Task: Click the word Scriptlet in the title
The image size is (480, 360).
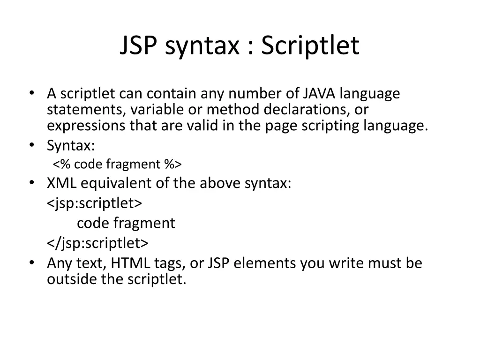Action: (x=310, y=46)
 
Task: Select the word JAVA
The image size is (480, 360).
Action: (x=319, y=94)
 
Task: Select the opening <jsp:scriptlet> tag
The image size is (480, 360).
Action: (x=94, y=203)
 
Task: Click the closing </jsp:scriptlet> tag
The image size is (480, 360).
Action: (x=97, y=243)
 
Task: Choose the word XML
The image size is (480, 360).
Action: (x=61, y=183)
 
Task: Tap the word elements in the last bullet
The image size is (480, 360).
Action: (x=265, y=263)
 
